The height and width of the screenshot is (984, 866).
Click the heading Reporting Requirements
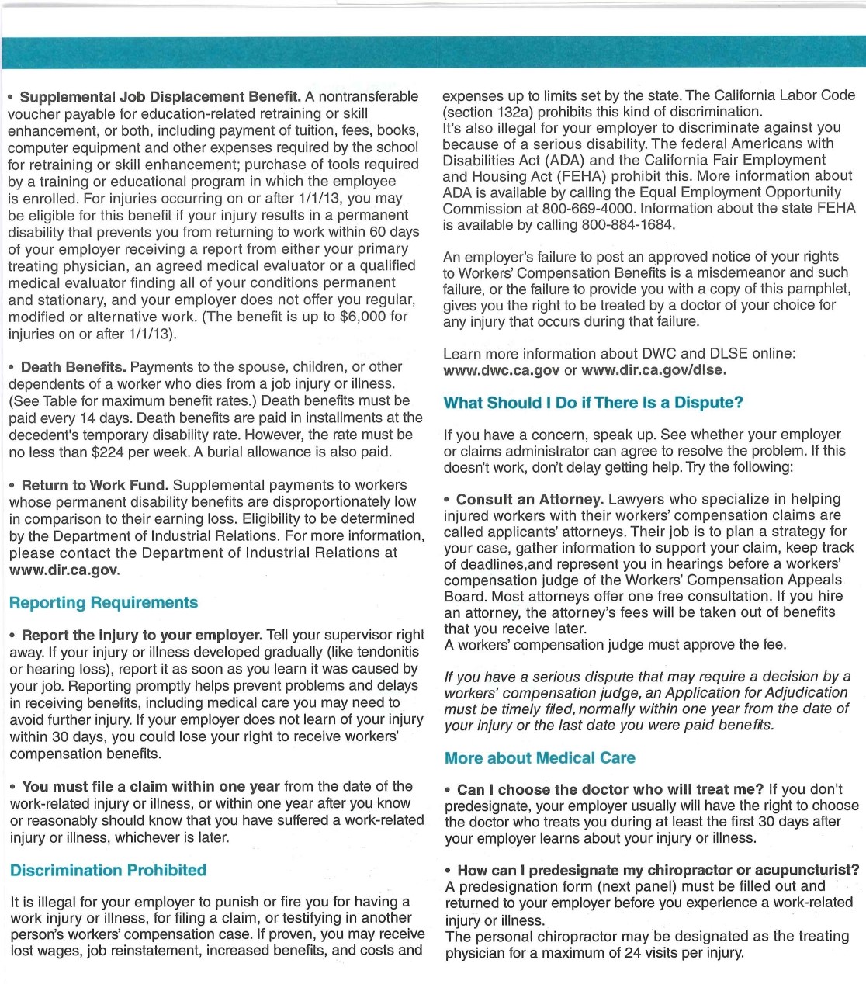(103, 603)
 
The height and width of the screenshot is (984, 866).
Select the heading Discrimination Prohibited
(108, 871)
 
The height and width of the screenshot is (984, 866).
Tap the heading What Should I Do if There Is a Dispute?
(593, 403)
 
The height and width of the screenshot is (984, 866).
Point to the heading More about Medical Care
(539, 758)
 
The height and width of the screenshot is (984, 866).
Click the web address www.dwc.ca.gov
(501, 370)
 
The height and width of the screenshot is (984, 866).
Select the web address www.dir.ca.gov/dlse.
(654, 370)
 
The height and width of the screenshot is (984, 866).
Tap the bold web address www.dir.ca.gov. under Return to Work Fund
(64, 570)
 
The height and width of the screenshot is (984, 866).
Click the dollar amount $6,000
(363, 317)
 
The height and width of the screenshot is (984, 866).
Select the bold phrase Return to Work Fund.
(95, 485)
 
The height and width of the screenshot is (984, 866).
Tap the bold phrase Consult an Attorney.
(530, 499)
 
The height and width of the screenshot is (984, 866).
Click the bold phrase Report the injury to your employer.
(142, 635)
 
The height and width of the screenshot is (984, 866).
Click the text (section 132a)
(486, 112)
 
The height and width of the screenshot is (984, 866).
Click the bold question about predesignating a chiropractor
(658, 871)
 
